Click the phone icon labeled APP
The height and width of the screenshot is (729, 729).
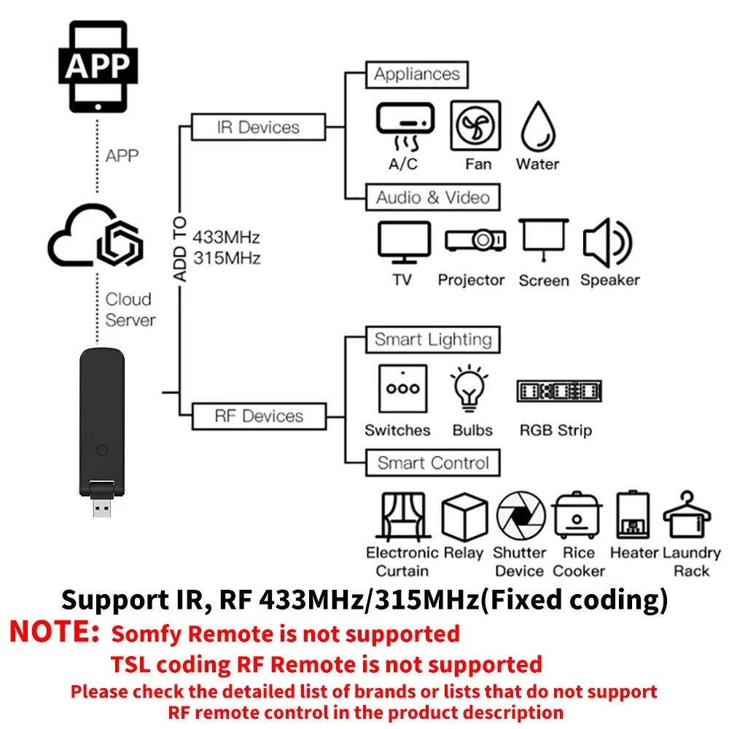pos(98,68)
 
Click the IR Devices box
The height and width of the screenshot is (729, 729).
pos(258,127)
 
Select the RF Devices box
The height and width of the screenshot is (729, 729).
pos(258,416)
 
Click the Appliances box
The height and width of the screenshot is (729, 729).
pos(416,74)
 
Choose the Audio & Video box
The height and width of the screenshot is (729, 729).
pos(432,198)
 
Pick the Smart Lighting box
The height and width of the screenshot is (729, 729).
pos(432,340)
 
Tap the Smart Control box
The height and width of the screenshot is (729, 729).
pos(432,463)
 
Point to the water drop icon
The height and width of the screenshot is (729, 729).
pos(538,125)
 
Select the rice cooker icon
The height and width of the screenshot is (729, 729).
pos(577,515)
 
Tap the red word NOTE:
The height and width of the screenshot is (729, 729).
pos(54,631)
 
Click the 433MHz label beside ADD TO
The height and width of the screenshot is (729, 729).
pos(226,238)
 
